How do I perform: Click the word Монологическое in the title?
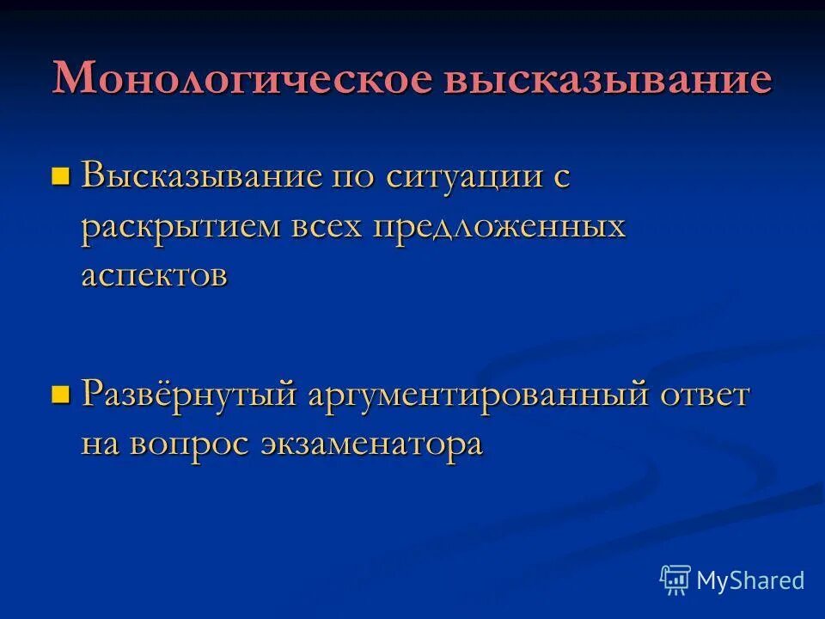241,79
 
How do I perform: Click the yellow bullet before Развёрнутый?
60,395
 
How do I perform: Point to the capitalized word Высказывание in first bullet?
203,178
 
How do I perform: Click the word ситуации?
464,178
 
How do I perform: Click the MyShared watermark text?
750,580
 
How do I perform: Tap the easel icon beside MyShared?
675,580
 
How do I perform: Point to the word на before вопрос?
103,444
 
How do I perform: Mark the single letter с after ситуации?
560,178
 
